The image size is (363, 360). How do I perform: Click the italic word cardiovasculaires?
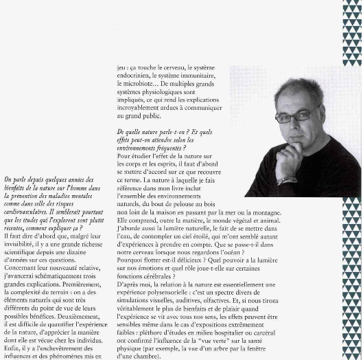[27, 213]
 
